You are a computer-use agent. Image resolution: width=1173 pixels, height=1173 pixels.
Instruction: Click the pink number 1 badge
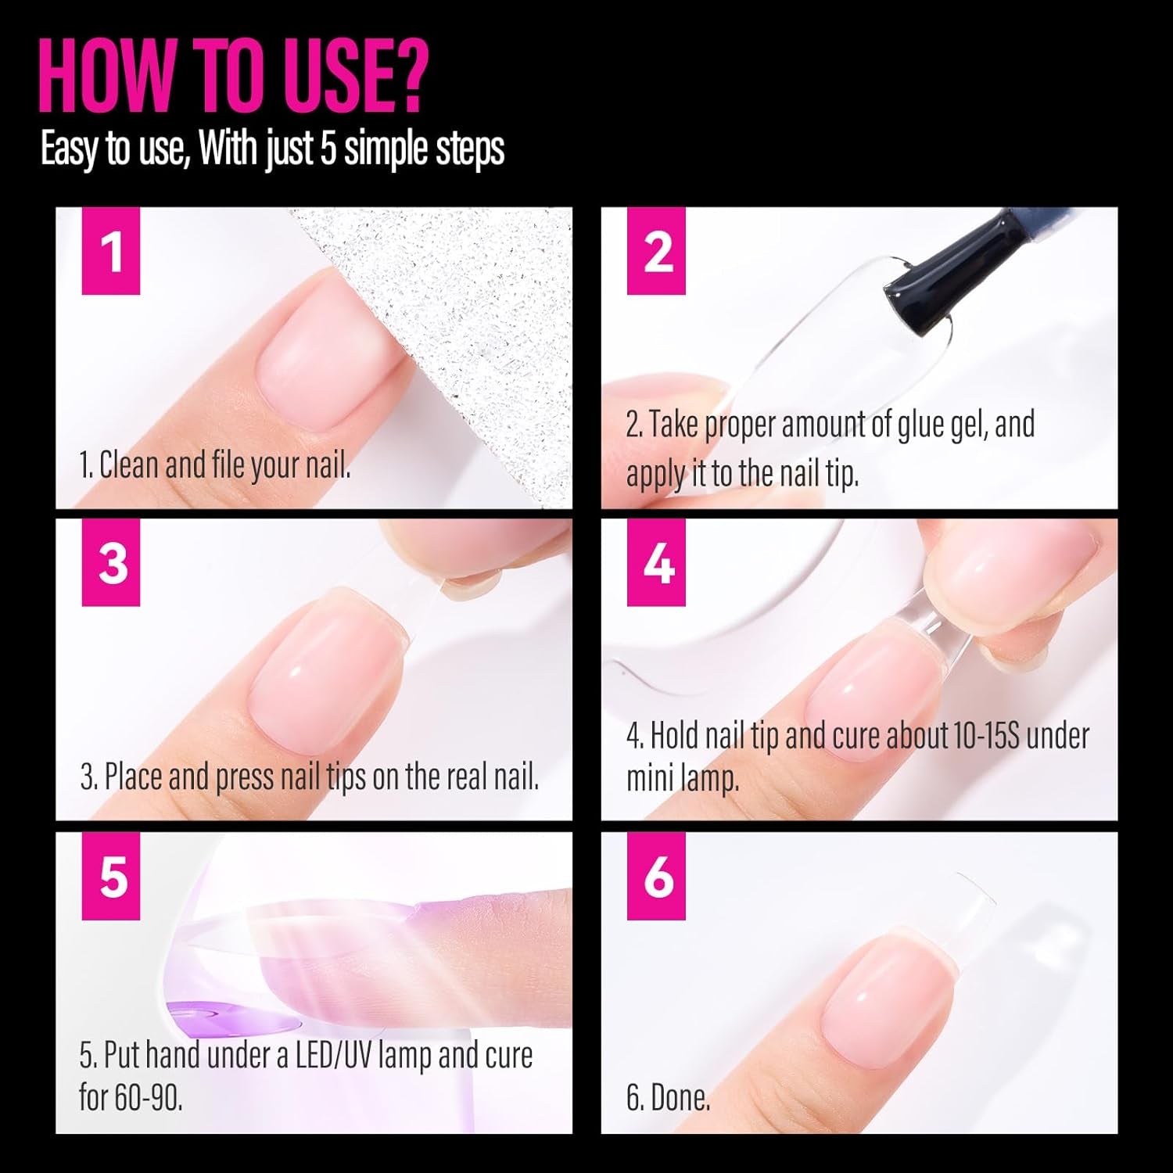pos(111,251)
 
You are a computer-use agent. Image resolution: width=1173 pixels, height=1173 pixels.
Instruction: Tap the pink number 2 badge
pos(658,251)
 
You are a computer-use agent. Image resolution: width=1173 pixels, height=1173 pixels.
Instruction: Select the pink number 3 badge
pos(111,562)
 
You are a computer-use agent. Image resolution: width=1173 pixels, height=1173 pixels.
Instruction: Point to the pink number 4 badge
pos(658,562)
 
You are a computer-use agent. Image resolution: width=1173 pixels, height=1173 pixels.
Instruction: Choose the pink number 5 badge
pos(111,876)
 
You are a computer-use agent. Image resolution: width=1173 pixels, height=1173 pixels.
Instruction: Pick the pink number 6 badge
pos(658,876)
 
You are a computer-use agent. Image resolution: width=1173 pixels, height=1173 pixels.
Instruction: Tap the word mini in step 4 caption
pos(651,779)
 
